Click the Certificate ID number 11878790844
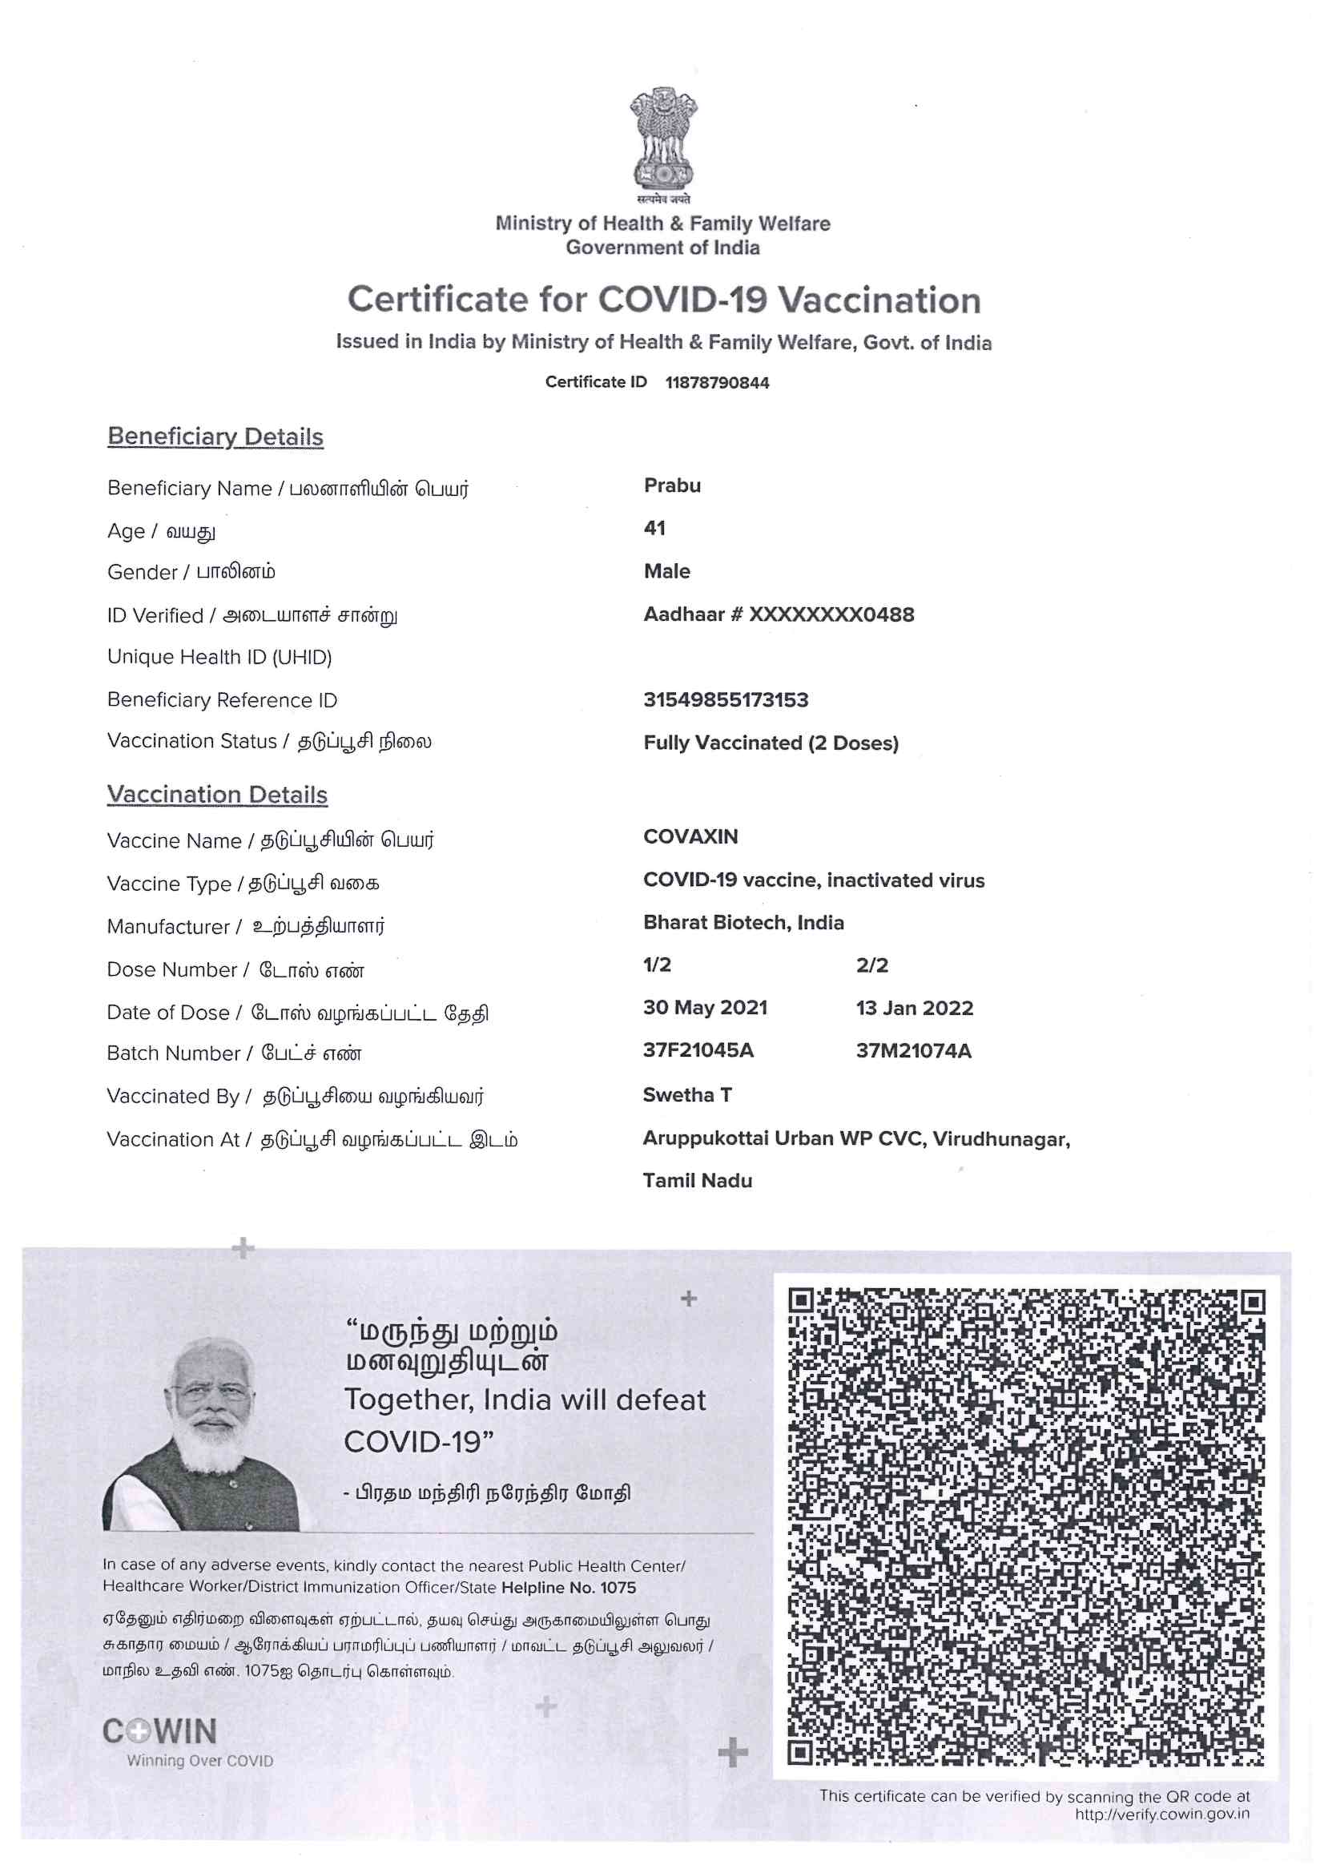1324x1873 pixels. pyautogui.click(x=716, y=383)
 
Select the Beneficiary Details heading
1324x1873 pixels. pyautogui.click(x=215, y=437)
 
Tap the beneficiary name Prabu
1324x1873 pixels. pyautogui.click(x=671, y=485)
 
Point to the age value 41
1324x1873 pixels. pyautogui.click(x=654, y=528)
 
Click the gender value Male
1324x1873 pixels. pyautogui.click(x=666, y=571)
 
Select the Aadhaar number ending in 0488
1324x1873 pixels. pyautogui.click(x=779, y=614)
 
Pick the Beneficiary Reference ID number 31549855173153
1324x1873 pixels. pyautogui.click(x=725, y=699)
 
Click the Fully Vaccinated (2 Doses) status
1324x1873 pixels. pyautogui.click(x=770, y=743)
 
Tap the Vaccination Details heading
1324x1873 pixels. pyautogui.click(x=217, y=795)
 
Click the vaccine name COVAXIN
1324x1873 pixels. pyautogui.click(x=690, y=836)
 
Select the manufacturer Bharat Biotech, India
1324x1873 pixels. pyautogui.click(x=743, y=922)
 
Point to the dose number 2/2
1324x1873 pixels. pyautogui.click(x=871, y=965)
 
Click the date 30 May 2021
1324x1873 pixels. pyautogui.click(x=705, y=1008)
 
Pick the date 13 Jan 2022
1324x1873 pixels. pyautogui.click(x=914, y=1008)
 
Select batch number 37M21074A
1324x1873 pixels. pyautogui.click(x=913, y=1051)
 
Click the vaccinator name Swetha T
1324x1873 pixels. pyautogui.click(x=687, y=1095)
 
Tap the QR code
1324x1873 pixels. pyautogui.click(x=1025, y=1526)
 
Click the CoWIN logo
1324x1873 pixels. pyautogui.click(x=160, y=1731)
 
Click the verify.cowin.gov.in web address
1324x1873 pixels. pyautogui.click(x=1161, y=1815)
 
